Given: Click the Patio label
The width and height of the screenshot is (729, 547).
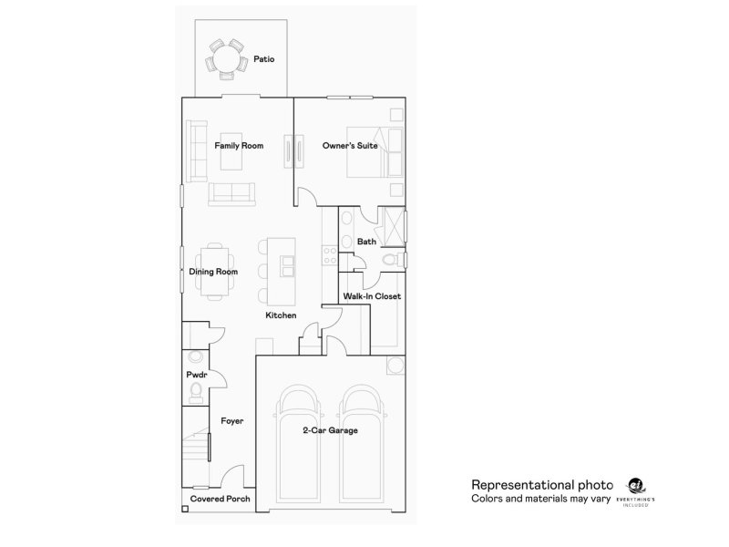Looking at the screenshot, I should point(264,59).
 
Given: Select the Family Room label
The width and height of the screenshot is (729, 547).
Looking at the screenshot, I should point(239,145).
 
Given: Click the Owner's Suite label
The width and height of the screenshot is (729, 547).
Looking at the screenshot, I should point(350,145).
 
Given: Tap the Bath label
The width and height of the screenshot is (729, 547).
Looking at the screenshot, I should point(366,242).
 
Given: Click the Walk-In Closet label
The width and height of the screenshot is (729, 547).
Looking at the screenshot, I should point(372,296).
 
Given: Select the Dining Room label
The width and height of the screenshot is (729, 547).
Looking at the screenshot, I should point(213,272).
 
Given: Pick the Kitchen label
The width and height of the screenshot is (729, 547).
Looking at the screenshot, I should point(281,315).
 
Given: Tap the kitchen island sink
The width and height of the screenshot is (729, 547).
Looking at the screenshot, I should point(287,266).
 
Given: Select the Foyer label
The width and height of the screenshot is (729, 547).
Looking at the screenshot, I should point(231,421).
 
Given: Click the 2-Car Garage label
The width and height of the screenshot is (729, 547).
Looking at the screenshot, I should point(330,430).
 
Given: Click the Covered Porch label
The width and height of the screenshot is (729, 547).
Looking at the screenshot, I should point(220,500).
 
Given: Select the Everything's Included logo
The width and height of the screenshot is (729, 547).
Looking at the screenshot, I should point(635,492).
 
